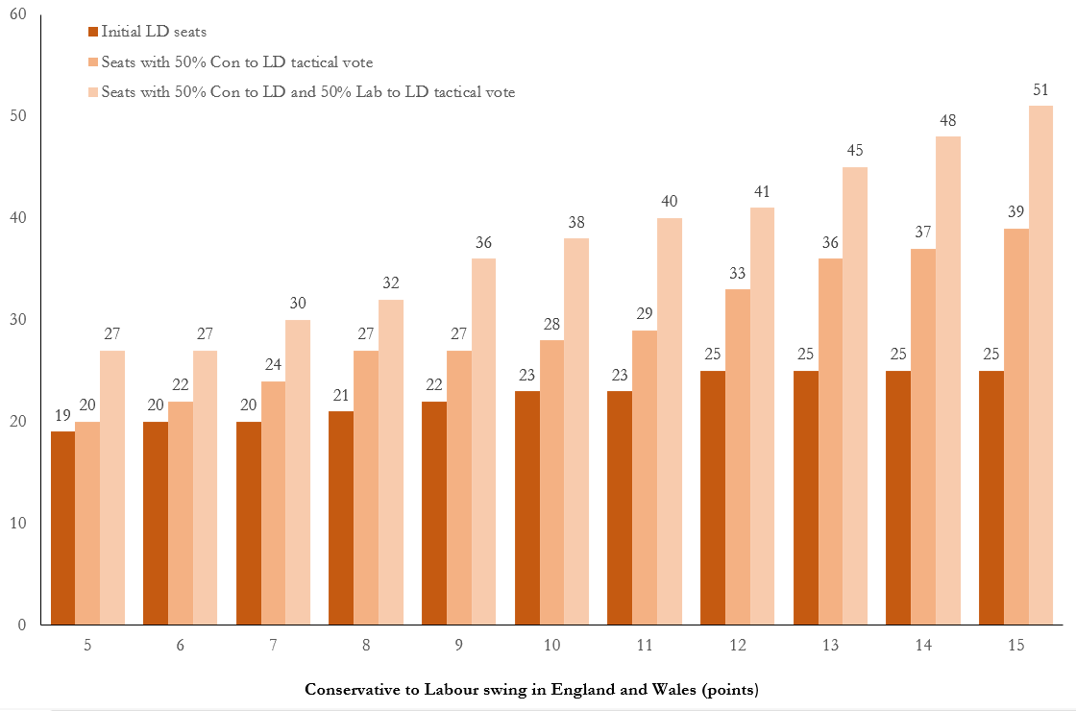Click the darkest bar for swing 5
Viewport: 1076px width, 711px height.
62,527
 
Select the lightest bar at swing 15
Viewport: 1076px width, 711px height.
1040,365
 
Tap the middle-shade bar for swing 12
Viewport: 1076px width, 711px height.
738,456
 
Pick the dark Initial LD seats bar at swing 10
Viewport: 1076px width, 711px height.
526,507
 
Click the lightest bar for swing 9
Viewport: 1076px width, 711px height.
483,441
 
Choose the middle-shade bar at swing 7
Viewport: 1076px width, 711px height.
274,503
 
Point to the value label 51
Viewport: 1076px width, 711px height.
1040,90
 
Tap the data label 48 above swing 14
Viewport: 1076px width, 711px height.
947,121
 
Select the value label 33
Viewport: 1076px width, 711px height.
738,274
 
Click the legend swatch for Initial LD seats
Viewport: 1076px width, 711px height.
92,32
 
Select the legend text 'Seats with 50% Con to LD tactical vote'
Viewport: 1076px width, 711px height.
236,62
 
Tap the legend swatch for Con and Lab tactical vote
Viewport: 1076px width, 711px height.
92,93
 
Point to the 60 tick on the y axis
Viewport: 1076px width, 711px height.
18,14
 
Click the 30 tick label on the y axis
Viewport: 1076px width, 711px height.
18,320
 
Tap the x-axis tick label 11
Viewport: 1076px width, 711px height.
645,646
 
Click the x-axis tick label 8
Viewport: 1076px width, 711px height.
366,646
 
